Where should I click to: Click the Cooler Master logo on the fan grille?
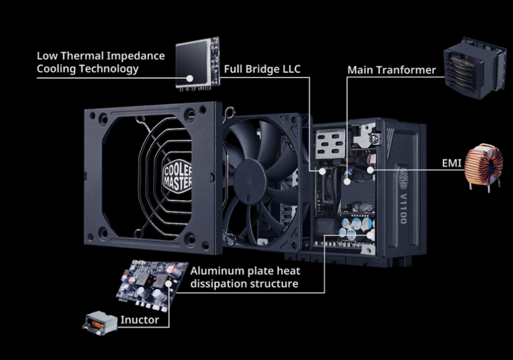point(177,176)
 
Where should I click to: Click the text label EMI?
point(451,163)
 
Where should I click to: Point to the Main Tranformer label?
point(391,70)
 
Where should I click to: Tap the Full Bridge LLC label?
point(262,69)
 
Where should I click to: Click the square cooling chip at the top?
point(198,64)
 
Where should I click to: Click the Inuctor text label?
point(139,320)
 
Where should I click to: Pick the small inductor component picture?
point(100,323)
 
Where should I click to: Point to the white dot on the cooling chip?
point(190,78)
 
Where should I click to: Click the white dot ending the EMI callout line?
point(370,170)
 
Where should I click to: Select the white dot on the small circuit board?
point(168,283)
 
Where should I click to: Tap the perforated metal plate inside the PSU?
point(330,144)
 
